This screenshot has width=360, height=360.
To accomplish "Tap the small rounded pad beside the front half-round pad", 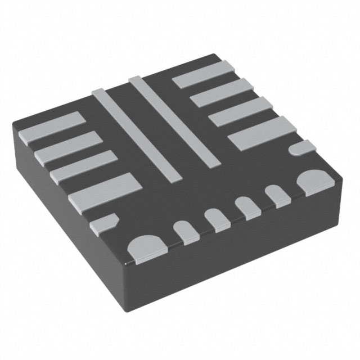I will (186, 231).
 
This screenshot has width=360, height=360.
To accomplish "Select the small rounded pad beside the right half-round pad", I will (278, 195).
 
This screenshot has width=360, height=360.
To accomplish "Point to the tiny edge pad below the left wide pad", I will (103, 222).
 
